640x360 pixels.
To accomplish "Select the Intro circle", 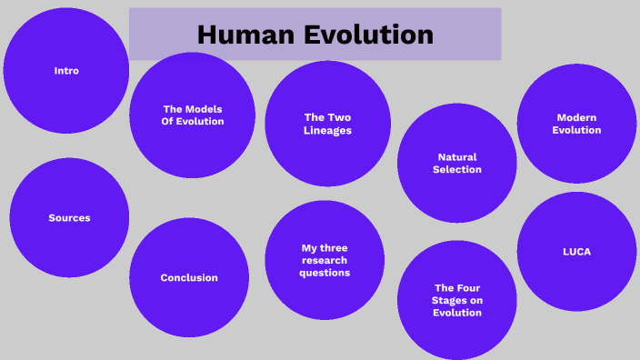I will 66,70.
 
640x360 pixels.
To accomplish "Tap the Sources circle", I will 69,218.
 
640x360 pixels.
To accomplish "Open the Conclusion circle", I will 189,277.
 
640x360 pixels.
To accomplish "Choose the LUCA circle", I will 576,251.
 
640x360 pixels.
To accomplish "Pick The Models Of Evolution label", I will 192,115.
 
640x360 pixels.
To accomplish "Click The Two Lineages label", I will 327,124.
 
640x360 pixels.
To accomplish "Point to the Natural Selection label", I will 457,164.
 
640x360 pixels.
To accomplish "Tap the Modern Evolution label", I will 578,124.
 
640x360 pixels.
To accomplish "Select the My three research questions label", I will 325,260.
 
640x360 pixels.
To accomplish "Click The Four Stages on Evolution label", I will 457,300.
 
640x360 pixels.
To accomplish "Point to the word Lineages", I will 327,130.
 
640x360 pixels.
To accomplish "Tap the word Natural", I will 457,157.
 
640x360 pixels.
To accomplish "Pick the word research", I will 325,260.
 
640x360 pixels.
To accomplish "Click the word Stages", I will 457,300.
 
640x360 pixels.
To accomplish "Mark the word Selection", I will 457,170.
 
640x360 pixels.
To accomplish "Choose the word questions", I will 325,273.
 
